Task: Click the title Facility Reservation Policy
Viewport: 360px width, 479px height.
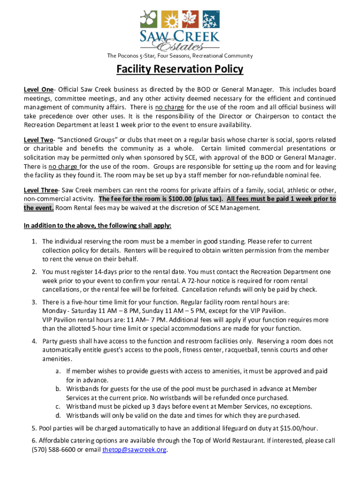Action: (180, 70)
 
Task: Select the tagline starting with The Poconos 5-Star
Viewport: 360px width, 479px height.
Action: (180, 56)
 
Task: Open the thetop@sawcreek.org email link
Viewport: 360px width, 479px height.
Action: (134, 450)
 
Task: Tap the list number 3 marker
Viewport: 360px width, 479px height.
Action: (35, 302)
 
